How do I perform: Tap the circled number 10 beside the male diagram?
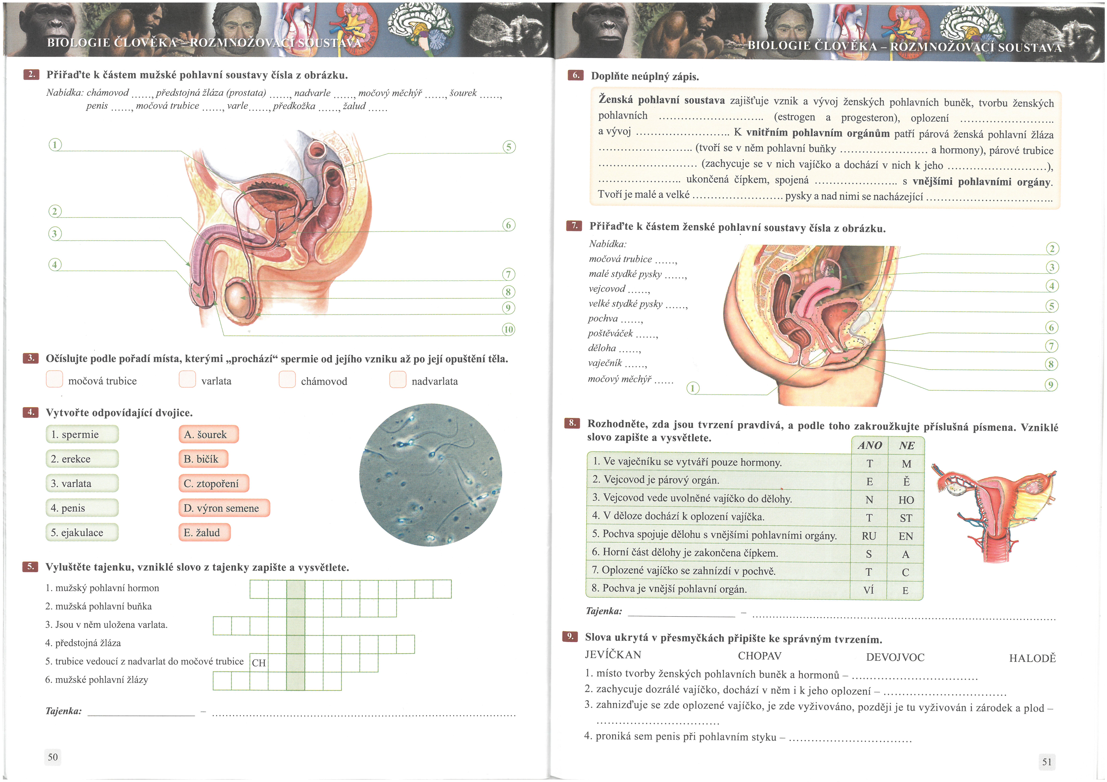tap(509, 330)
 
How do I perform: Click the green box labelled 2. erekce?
tap(82, 459)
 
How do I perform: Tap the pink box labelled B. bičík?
tap(203, 459)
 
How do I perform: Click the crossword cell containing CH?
tap(259, 662)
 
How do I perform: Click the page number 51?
tap(1047, 762)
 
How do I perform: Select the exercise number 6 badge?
tap(575, 75)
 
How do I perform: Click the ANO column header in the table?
tap(870, 445)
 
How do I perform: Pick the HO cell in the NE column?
tap(906, 500)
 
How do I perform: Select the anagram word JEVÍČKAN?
tap(613, 655)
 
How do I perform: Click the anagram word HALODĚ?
tap(1032, 658)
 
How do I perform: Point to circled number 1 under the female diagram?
tap(693, 388)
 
